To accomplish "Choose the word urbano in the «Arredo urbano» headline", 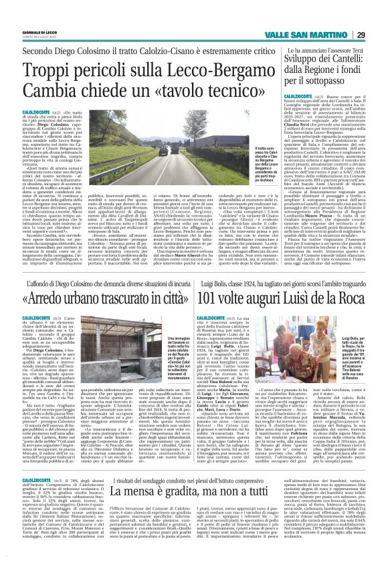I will tap(96, 275).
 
